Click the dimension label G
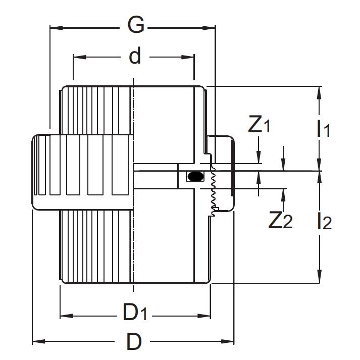tap(136, 25)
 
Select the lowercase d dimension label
tap(134, 57)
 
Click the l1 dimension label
tap(323, 129)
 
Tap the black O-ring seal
tap(195, 176)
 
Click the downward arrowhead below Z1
tap(258, 160)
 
